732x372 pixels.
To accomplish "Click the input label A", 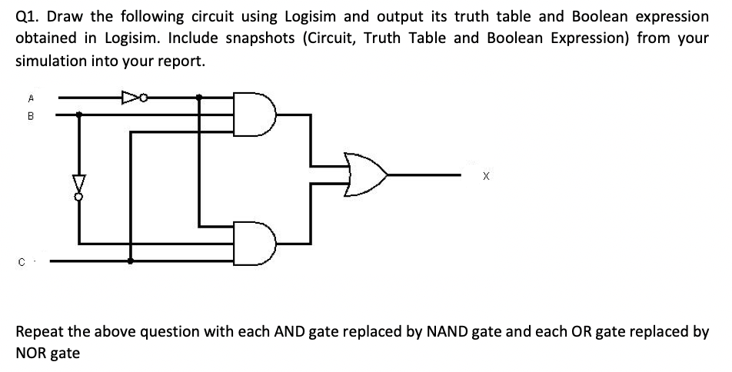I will coord(30,98).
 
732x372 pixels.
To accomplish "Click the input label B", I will coord(30,118).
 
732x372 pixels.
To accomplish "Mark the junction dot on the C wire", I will coord(129,261).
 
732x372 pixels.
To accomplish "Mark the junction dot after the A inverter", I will coord(200,98).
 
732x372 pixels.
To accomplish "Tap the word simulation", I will coord(50,61).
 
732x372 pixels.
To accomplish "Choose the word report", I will coord(181,61).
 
